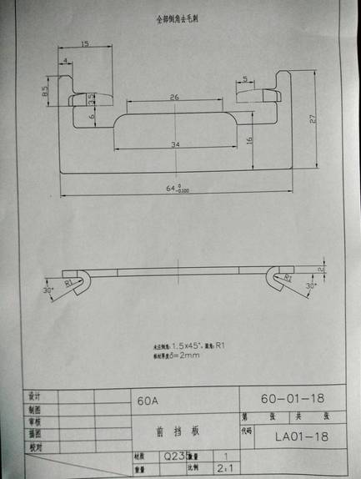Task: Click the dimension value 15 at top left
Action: pyautogui.click(x=85, y=44)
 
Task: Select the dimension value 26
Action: pyautogui.click(x=173, y=98)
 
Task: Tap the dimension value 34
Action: pyautogui.click(x=174, y=145)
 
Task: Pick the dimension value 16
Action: pyautogui.click(x=249, y=139)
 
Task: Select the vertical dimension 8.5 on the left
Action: pyautogui.click(x=45, y=91)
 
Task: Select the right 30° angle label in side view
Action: pyautogui.click(x=310, y=285)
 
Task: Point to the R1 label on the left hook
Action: pyautogui.click(x=69, y=282)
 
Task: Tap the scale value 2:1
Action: pyautogui.click(x=224, y=470)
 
